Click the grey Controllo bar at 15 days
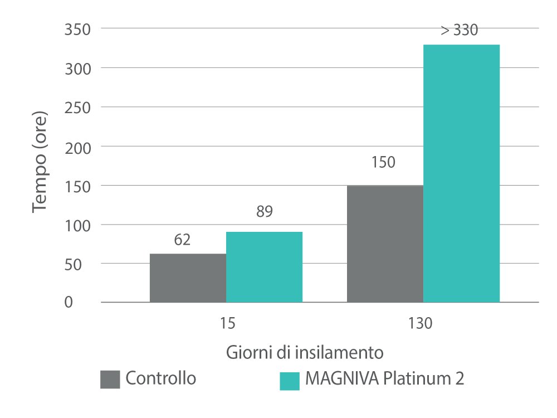click(x=188, y=278)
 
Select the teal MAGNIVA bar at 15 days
click(x=264, y=267)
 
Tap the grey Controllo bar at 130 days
click(x=385, y=244)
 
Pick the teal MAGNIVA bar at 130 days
click(x=461, y=173)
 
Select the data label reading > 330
click(x=460, y=31)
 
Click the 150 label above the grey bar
click(x=383, y=163)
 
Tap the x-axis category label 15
click(x=227, y=323)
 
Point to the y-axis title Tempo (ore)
click(x=40, y=162)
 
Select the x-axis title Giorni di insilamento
click(x=305, y=353)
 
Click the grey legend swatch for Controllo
click(x=110, y=379)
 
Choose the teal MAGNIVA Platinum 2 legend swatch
click(x=289, y=380)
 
